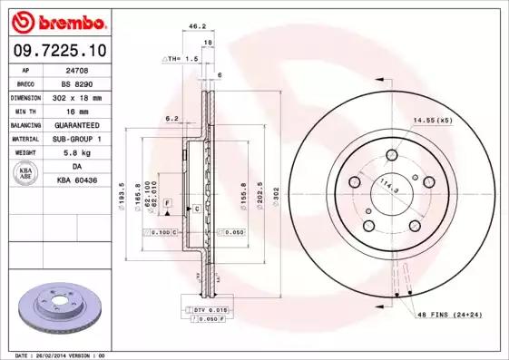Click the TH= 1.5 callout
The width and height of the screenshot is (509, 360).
(180, 58)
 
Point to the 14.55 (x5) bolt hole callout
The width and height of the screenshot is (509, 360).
(433, 120)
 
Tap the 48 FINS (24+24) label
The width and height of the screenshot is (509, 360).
(449, 313)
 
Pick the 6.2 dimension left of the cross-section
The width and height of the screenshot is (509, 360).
(170, 118)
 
